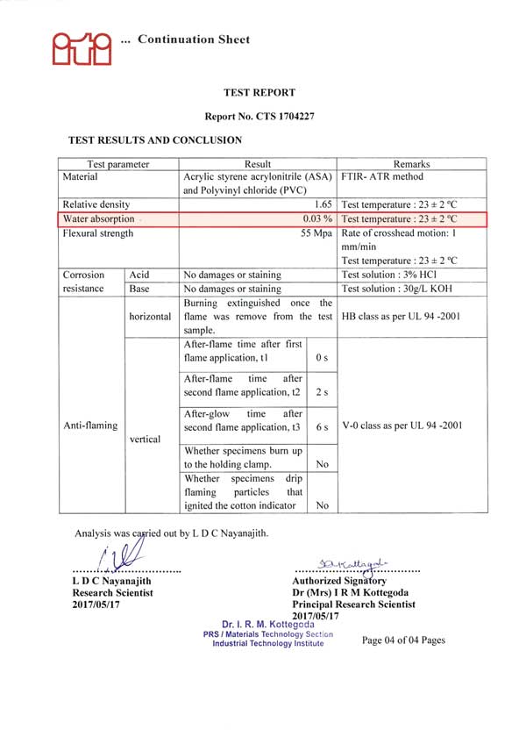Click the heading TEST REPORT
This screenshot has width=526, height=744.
point(259,92)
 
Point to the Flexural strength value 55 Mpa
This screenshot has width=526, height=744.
point(316,233)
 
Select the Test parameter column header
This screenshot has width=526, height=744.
point(118,164)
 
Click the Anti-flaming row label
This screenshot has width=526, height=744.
point(89,426)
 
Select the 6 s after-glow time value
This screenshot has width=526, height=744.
point(322,427)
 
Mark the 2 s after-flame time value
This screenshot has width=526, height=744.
point(322,392)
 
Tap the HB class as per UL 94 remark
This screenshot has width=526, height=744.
point(400,316)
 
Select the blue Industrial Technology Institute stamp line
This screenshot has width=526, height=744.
point(267,643)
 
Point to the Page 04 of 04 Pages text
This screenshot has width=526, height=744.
point(403,640)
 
